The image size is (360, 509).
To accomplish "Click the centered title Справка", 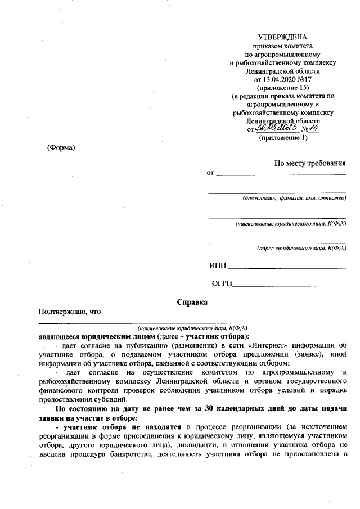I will [x=192, y=302].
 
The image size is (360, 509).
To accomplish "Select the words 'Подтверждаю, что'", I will [x=69, y=312].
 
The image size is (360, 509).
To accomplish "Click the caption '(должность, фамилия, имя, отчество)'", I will [x=294, y=198].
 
